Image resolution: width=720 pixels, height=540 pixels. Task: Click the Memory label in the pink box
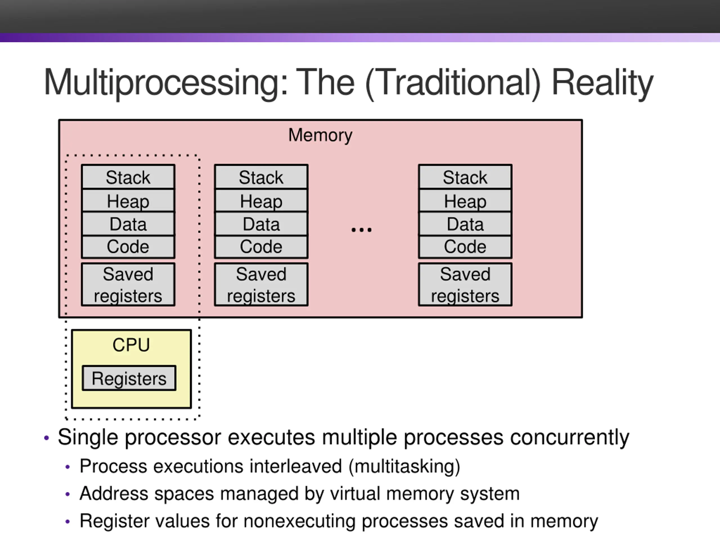[x=320, y=135]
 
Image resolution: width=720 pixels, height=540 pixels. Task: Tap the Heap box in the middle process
[x=261, y=201]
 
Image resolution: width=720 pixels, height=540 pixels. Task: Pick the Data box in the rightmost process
[x=465, y=224]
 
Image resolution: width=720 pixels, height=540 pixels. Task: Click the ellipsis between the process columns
[x=361, y=230]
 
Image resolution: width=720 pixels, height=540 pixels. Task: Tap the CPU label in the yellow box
[x=131, y=345]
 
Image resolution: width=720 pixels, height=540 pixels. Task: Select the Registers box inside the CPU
[x=129, y=378]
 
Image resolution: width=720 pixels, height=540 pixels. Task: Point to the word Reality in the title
[x=602, y=83]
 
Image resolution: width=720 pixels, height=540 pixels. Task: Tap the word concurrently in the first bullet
[x=570, y=437]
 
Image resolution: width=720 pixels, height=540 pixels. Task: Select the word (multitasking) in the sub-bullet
[x=404, y=466]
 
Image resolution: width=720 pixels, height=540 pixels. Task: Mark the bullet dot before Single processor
[x=46, y=438]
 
